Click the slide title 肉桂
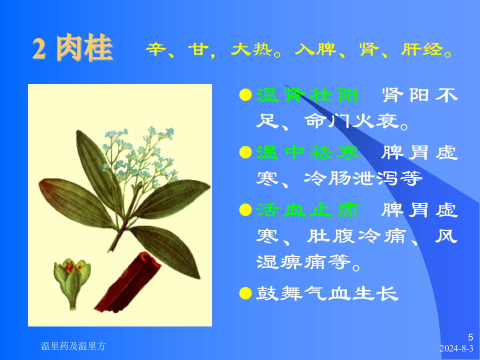(84, 49)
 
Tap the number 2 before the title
(40, 49)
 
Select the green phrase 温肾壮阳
(307, 95)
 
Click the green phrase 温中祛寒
(307, 152)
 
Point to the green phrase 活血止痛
(307, 210)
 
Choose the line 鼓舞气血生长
(327, 293)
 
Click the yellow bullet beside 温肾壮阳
(245, 95)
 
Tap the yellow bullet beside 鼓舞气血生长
(245, 293)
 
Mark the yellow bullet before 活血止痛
(245, 210)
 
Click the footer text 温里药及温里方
(73, 346)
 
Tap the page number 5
(470, 337)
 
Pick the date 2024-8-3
(456, 349)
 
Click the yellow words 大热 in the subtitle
(250, 50)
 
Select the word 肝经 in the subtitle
(422, 50)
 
